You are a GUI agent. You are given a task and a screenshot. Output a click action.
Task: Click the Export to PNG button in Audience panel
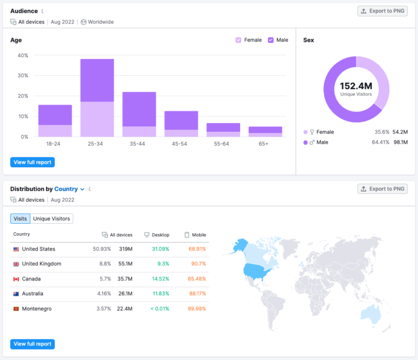coord(383,11)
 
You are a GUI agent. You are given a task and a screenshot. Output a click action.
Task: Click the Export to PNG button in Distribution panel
coord(383,189)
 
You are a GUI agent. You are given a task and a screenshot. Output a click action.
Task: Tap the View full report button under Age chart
coord(33,162)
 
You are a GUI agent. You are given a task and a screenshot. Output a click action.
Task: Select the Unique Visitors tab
coord(51,218)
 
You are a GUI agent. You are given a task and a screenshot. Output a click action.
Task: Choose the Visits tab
coord(20,218)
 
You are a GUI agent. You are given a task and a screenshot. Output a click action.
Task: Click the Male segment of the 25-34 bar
coord(97,80)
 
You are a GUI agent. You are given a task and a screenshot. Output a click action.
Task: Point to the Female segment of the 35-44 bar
coord(139,131)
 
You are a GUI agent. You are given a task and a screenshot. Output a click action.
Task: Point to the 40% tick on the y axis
coord(22,56)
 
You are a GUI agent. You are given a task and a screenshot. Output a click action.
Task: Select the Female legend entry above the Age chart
coord(249,40)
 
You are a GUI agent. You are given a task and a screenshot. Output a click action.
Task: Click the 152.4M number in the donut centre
coord(356,86)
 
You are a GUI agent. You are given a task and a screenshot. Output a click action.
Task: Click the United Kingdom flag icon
coord(16,264)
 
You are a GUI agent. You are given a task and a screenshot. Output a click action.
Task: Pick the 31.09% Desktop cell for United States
coord(160,249)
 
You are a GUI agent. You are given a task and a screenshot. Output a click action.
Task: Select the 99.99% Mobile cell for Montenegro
coord(197,309)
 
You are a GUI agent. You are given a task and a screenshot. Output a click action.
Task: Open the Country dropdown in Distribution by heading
coord(69,189)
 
